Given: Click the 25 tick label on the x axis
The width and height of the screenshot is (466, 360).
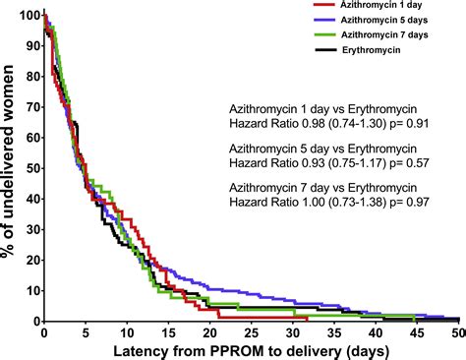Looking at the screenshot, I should click(252, 333).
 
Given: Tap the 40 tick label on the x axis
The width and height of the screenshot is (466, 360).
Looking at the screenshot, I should click(377, 333).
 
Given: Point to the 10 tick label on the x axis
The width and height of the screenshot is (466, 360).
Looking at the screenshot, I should click(127, 333).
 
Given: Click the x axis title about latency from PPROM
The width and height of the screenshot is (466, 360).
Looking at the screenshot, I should click(251, 351).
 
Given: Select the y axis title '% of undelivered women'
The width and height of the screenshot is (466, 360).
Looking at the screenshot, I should click(9, 169).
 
